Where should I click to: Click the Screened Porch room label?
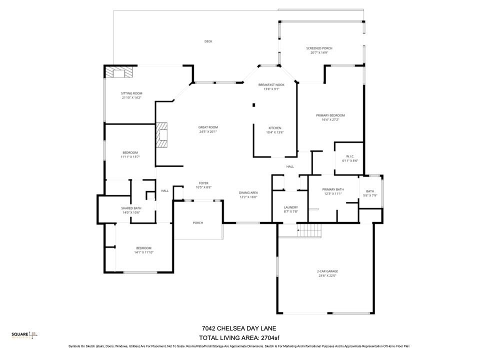pos(319,48)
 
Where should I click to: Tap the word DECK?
pos(208,41)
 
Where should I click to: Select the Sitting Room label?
pos(131,93)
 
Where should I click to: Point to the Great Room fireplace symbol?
pos(162,135)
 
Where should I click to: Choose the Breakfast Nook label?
pos(271,85)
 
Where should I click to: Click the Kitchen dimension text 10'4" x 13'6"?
pos(274,132)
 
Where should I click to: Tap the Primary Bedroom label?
pos(330,115)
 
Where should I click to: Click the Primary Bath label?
pos(332,189)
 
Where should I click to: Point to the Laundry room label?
pos(290,207)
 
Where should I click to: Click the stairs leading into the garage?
pos(309,230)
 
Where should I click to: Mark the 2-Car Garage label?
pos(328,271)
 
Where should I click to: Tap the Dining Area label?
pos(248,193)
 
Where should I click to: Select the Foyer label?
pos(203,183)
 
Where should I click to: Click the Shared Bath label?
pos(131,208)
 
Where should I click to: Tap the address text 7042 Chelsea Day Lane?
pos(238,328)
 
